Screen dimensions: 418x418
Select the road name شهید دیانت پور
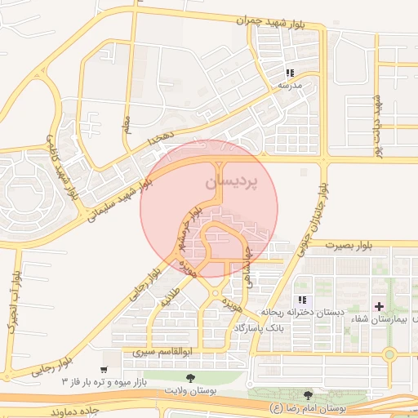pos(377,118)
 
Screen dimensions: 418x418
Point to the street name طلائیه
pos(170,300)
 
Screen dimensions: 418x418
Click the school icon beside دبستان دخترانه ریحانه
pos(302,300)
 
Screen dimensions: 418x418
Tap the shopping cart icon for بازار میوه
pos(104,356)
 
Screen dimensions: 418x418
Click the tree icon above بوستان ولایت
pos(190,378)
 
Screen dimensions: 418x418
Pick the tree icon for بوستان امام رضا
pos(308,395)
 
